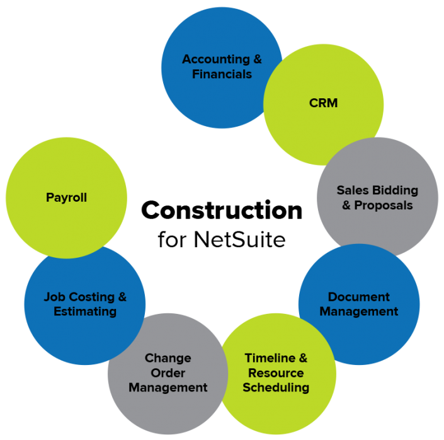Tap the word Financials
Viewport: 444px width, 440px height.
tap(222, 74)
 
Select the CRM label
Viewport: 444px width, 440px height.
tap(324, 102)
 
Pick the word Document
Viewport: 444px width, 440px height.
tap(359, 296)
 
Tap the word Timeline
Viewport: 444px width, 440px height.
tap(270, 358)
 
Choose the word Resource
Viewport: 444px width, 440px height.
tap(276, 373)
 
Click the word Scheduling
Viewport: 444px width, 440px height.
tap(276, 387)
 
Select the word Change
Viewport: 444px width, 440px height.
tap(168, 358)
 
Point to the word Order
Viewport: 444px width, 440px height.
tap(168, 373)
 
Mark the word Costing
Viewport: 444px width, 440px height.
tap(93, 296)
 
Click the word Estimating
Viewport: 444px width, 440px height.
tap(85, 311)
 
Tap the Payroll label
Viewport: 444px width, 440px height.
tap(66, 197)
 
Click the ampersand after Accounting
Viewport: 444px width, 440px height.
tap(257, 59)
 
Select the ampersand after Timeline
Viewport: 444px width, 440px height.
tap(302, 358)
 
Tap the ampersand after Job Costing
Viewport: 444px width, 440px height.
tap(122, 296)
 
